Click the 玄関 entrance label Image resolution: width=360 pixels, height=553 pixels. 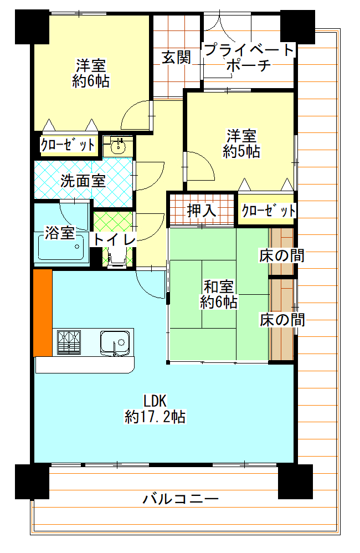(x=176, y=57)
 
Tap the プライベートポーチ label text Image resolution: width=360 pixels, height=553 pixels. (x=249, y=57)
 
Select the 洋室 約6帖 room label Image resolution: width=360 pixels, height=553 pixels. (x=91, y=73)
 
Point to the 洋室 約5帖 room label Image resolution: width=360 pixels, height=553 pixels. (x=241, y=144)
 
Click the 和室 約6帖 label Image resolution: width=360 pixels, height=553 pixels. (x=219, y=294)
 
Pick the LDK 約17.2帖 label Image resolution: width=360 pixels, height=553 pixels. (x=155, y=409)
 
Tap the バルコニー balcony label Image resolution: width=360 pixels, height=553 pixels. (x=181, y=499)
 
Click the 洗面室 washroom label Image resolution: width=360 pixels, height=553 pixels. (x=83, y=181)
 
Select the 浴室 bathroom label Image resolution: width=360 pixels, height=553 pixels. (x=60, y=232)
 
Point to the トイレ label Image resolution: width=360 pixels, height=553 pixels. (x=115, y=240)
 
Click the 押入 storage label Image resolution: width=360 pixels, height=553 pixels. (x=202, y=211)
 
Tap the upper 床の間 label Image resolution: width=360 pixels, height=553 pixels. (x=282, y=255)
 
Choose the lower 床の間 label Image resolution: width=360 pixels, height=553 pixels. (x=282, y=320)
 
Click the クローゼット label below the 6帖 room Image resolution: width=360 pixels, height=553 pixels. (x=68, y=145)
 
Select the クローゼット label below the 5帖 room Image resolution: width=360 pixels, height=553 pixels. (x=269, y=211)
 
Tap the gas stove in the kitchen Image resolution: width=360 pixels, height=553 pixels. (x=69, y=342)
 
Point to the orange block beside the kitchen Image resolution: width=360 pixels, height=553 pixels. (x=43, y=313)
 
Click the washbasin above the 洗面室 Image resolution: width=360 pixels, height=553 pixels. (x=118, y=147)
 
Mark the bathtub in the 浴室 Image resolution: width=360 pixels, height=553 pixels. (x=61, y=247)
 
